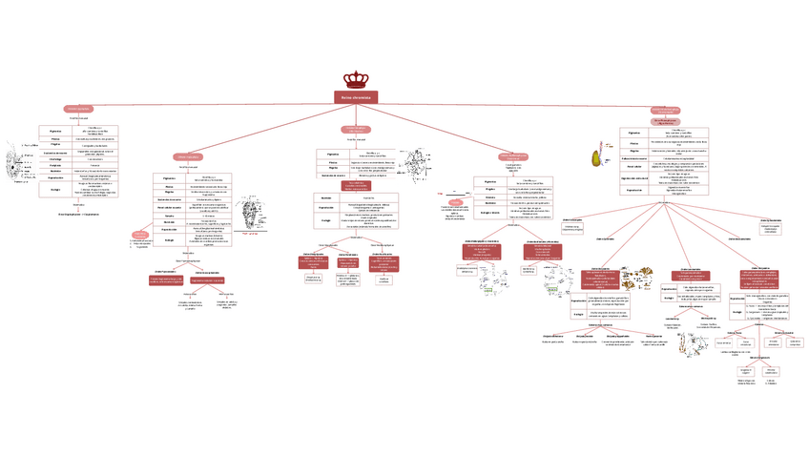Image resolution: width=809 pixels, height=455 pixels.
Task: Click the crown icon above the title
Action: tap(360, 81)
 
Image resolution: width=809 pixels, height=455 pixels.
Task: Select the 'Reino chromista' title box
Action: tap(360, 97)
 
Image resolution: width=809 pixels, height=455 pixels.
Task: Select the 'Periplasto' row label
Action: tap(55, 165)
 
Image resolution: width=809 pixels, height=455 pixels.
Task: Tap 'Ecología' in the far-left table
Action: tap(55, 189)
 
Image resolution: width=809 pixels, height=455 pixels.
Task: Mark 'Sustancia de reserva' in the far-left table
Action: tap(55, 152)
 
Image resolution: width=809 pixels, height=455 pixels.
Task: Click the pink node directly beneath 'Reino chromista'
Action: tap(355, 128)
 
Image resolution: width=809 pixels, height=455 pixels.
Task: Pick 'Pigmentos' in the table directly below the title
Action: tap(332, 154)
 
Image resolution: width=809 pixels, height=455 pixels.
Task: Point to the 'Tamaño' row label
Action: tap(168, 217)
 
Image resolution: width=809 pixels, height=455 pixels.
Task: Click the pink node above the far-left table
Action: tap(77, 109)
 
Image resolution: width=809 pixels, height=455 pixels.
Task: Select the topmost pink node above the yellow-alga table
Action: tap(665, 110)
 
